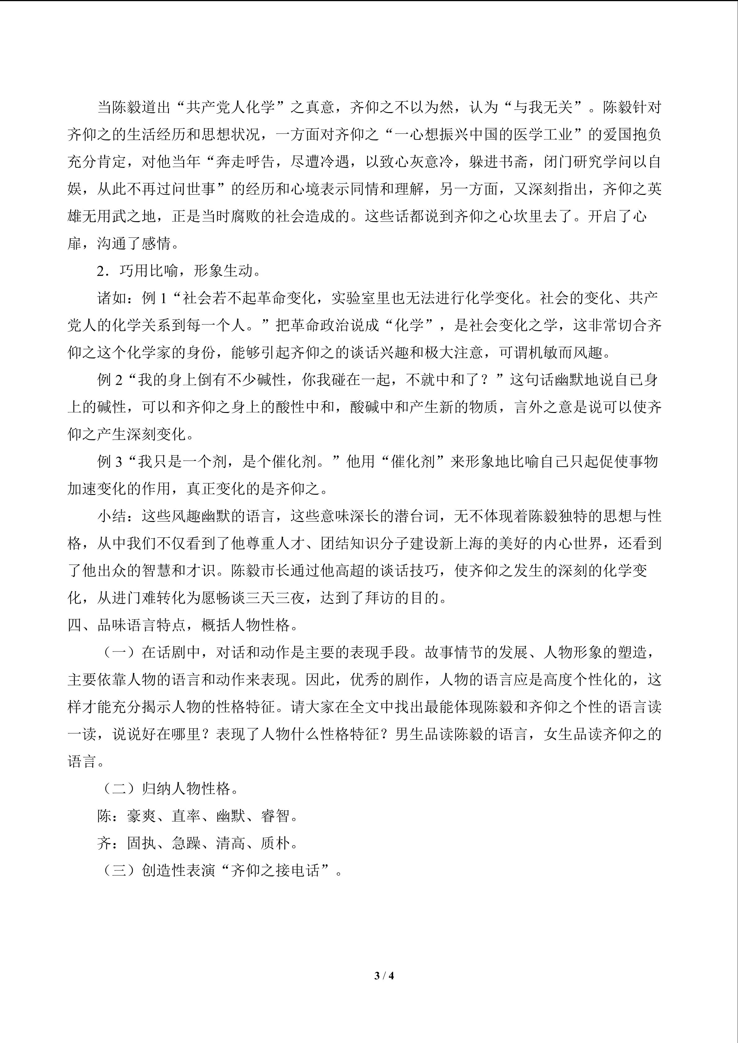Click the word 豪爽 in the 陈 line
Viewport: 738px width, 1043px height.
coord(141,816)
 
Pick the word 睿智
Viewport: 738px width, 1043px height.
coord(275,816)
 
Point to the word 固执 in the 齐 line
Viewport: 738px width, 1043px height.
coord(141,843)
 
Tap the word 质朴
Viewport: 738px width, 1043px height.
coord(275,843)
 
